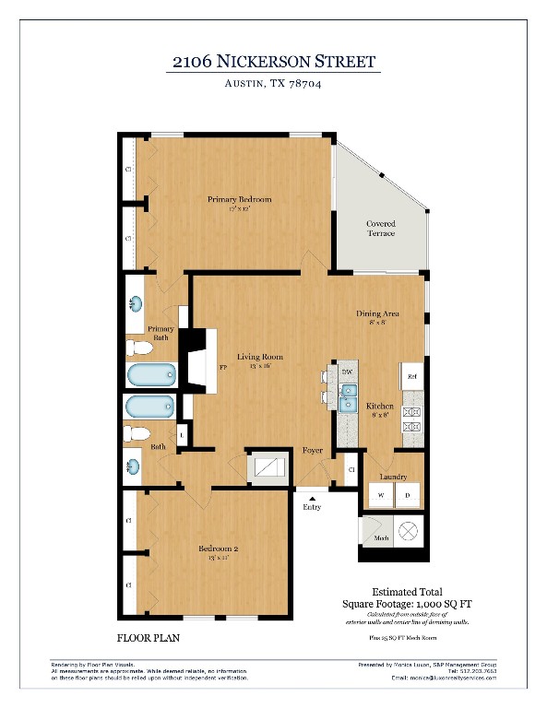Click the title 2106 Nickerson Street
(274, 62)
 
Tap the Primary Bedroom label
(239, 200)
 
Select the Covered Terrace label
(381, 229)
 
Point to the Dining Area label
(377, 314)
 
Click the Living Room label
(259, 357)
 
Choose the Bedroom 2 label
(219, 549)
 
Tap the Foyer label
(312, 451)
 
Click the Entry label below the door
(312, 507)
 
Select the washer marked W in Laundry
(379, 495)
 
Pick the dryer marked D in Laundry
(406, 495)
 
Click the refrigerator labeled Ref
(412, 376)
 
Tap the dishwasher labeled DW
(347, 372)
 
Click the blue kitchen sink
(350, 399)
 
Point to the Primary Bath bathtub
(150, 374)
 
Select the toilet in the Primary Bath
(139, 348)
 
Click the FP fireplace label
(222, 368)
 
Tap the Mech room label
(381, 537)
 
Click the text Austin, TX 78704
(273, 84)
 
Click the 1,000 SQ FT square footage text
(406, 605)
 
